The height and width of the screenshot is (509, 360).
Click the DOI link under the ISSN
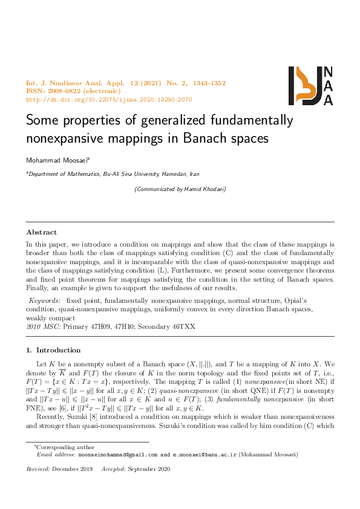pyautogui.click(x=109, y=99)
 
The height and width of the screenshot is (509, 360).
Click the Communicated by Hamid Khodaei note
pyautogui.click(x=180, y=189)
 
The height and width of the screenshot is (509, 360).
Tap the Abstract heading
pyautogui.click(x=41, y=232)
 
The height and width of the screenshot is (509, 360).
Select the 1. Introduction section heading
pyautogui.click(x=53, y=350)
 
